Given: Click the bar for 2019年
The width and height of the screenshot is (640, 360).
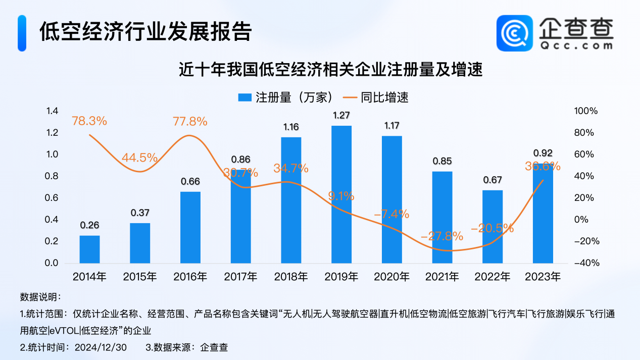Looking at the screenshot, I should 341,194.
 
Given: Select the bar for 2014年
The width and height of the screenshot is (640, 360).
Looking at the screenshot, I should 89,249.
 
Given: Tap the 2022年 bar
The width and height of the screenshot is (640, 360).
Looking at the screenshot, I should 493,227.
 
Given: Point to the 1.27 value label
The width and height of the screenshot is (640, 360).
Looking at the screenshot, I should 341,116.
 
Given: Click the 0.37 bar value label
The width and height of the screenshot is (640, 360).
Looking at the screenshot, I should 140,213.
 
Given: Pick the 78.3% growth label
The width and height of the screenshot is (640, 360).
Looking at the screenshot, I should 89,121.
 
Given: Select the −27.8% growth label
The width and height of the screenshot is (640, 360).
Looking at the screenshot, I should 442,236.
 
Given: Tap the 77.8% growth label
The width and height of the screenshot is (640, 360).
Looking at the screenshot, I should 190,121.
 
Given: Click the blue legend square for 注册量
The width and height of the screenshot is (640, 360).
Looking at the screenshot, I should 245,97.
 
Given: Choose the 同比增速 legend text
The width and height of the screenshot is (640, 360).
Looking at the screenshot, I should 385,97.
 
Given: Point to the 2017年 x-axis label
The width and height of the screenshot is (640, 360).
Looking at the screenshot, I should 240,277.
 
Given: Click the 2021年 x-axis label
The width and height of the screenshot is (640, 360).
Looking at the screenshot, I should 442,277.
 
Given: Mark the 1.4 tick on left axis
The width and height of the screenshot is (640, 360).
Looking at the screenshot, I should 53,111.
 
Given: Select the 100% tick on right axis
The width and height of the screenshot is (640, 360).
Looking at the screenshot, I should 587,111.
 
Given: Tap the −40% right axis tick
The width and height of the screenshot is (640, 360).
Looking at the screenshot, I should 587,264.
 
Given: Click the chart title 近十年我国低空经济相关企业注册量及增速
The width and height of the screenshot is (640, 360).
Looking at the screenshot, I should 331,69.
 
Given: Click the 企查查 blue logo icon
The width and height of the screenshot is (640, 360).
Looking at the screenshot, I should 515,33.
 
